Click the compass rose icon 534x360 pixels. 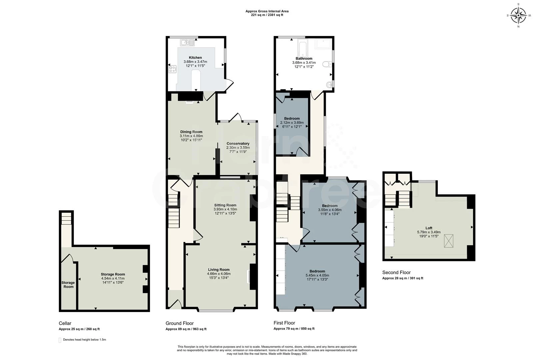(x=518, y=15)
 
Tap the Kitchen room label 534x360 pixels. (x=195, y=58)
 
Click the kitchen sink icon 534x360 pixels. (x=188, y=43)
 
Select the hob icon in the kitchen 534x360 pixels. (x=173, y=69)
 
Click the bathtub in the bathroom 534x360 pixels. (x=303, y=47)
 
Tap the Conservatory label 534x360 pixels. (x=238, y=144)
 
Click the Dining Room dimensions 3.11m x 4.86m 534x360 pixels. (x=191, y=136)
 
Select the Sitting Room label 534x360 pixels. (x=225, y=205)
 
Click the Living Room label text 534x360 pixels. (x=219, y=270)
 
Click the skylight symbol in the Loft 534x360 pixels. (x=449, y=241)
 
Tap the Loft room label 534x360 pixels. (x=429, y=228)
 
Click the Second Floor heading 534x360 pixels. (x=396, y=272)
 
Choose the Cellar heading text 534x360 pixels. (x=65, y=323)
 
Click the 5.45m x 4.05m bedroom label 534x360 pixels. (x=317, y=275)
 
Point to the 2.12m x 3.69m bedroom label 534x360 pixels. (x=292, y=123)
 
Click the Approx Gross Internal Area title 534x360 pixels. (x=267, y=11)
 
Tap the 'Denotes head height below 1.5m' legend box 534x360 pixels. (x=60, y=340)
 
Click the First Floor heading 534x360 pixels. (x=284, y=323)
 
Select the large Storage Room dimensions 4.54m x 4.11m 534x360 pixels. (x=113, y=278)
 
